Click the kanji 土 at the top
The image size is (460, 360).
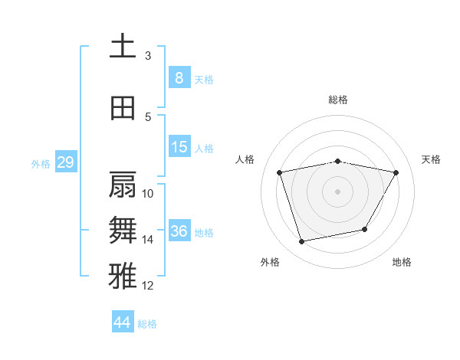[x=123, y=46]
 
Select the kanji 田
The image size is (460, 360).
[x=123, y=109]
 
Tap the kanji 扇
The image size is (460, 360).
[x=123, y=185]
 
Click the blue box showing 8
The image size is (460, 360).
[x=179, y=78]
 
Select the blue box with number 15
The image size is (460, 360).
[x=179, y=147]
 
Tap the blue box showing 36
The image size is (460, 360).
[x=179, y=231]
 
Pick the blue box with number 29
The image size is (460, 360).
[x=65, y=162]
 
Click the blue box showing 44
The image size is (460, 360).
[x=123, y=322]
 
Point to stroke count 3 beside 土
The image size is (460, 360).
[x=148, y=56]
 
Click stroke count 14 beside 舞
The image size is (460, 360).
[x=148, y=240]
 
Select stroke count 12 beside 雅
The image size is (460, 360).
[x=148, y=286]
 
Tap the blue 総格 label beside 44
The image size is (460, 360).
[x=147, y=324]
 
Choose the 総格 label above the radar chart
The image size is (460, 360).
[x=337, y=100]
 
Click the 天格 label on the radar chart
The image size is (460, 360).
[x=431, y=159]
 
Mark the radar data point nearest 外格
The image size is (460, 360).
[x=302, y=242]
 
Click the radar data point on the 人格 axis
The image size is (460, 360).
[x=280, y=172]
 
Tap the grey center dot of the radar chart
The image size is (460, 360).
[x=337, y=191]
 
